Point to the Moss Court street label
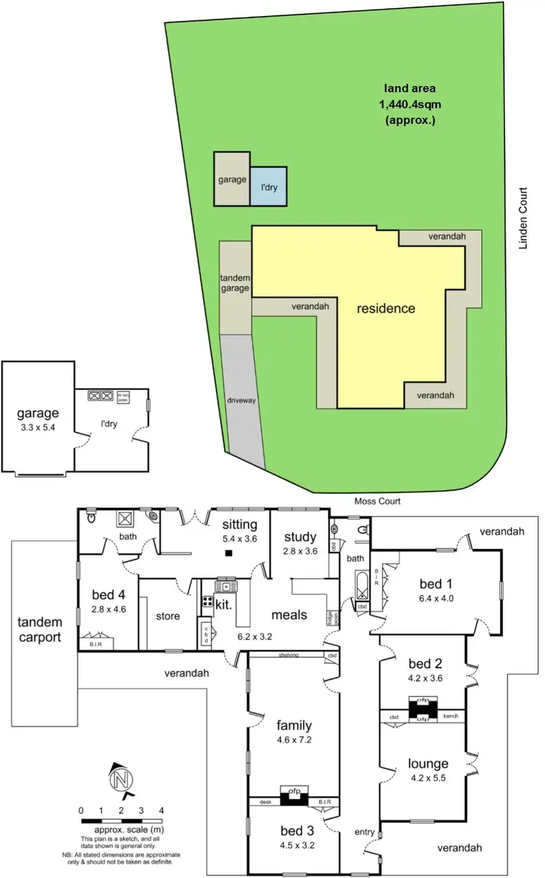click(x=377, y=501)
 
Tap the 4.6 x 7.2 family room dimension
click(x=294, y=740)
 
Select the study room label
click(x=299, y=537)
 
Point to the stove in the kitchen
click(x=206, y=602)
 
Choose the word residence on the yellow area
click(x=386, y=309)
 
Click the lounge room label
click(x=428, y=763)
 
